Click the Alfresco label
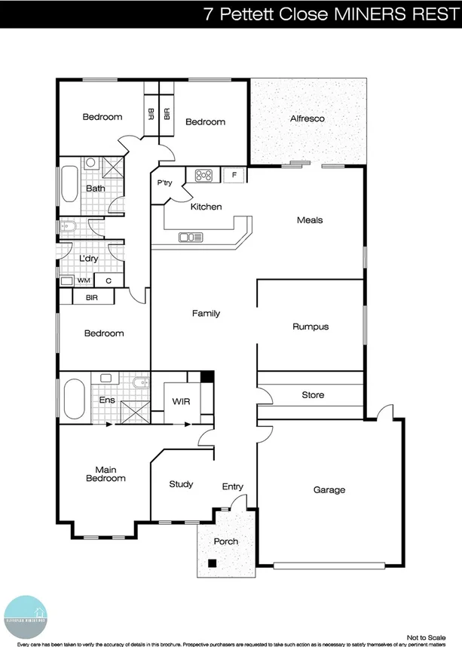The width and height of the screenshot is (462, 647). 307,118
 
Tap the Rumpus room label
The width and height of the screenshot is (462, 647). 311,327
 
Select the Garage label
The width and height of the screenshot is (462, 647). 329,490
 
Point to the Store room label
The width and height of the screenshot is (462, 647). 313,395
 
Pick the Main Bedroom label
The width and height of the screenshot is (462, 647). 106,474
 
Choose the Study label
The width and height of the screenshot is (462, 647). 181,484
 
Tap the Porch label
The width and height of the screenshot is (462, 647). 226,541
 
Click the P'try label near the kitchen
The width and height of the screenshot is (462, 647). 164,183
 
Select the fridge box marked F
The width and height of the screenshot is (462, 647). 234,176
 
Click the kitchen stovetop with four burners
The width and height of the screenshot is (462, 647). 203,176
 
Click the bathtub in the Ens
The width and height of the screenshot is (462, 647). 74,398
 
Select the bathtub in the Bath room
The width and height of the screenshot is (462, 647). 69,184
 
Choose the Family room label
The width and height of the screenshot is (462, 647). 206,313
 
